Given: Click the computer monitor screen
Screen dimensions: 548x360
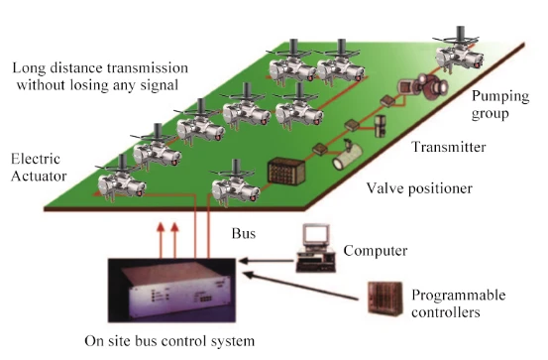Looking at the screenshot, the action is (316, 233).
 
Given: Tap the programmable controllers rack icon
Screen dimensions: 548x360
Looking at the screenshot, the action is (385, 299).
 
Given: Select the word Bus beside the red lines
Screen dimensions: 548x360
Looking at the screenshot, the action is (244, 233).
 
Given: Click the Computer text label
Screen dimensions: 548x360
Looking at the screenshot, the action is (376, 251).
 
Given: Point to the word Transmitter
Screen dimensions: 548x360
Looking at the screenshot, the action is (449, 147).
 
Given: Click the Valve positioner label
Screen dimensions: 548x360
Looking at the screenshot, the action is (419, 188).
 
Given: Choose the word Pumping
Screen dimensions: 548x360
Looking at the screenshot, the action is (500, 97).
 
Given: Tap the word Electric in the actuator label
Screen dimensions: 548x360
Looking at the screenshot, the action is (36, 159).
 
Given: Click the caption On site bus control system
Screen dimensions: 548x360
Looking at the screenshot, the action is (169, 341).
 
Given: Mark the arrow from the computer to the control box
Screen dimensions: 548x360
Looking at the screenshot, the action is (267, 261).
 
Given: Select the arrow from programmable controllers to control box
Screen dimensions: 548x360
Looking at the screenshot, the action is (300, 286).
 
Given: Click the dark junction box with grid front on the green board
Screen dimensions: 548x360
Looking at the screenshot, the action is (286, 172).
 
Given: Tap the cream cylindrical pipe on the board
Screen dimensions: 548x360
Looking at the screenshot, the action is (347, 158).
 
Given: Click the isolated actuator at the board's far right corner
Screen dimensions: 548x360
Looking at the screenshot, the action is (459, 52).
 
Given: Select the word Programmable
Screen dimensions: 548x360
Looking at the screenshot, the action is (459, 295).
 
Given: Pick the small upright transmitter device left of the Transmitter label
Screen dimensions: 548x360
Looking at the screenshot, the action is (380, 126).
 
